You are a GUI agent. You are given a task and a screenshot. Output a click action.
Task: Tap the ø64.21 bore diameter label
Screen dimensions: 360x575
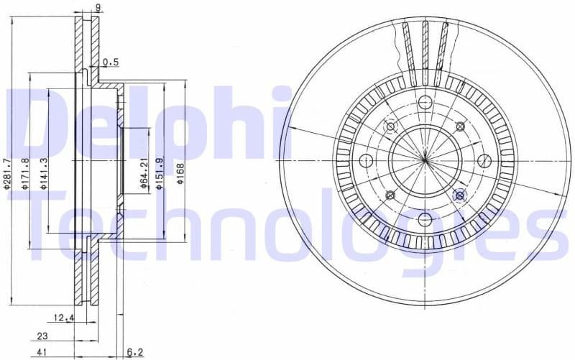coord(144,173)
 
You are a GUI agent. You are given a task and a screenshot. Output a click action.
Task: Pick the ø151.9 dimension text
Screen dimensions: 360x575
coord(162,173)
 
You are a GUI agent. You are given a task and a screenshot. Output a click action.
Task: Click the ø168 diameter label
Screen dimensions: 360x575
coord(180,173)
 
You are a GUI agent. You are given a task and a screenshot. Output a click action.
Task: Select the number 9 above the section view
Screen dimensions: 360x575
coord(98,9)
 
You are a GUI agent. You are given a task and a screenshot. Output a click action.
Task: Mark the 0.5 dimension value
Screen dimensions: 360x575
coord(110,63)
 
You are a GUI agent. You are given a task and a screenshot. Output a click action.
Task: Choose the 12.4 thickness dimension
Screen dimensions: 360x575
coord(63,318)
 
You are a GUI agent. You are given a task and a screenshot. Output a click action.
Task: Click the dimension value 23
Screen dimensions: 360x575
coord(42,336)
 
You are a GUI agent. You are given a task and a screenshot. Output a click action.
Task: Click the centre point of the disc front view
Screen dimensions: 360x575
coord(425,160)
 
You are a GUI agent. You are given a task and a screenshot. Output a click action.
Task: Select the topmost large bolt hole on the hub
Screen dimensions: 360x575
coord(425,101)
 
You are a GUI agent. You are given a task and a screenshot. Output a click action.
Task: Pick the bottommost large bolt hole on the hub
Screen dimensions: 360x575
coord(425,218)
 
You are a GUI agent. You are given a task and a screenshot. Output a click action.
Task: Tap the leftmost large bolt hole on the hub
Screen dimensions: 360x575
coord(366,160)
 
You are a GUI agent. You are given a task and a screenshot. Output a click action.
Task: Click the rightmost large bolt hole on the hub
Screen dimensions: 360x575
coord(484,160)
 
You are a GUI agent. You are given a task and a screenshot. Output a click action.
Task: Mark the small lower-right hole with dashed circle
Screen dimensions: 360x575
coord(460,195)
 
